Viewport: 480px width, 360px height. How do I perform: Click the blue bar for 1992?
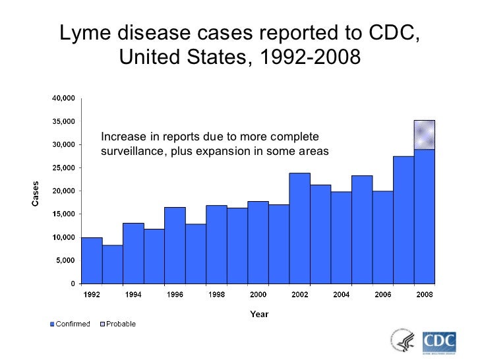(x=92, y=260)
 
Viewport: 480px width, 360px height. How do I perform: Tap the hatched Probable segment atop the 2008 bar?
(x=424, y=135)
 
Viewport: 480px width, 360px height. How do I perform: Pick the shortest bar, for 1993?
(x=112, y=264)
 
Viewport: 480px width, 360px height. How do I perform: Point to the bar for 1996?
(x=175, y=245)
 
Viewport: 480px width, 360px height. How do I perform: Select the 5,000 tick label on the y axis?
(x=65, y=260)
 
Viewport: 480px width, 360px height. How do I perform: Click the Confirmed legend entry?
(x=70, y=324)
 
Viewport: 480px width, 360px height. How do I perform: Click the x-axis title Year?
(x=258, y=314)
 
